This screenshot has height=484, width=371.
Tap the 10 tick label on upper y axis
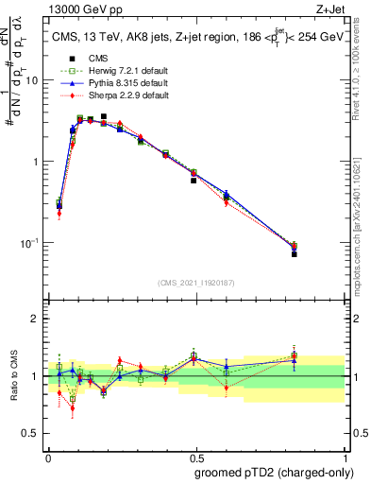(x=33, y=80)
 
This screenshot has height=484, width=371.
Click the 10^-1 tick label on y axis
(x=31, y=243)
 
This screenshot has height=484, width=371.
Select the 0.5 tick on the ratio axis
(x=33, y=406)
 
